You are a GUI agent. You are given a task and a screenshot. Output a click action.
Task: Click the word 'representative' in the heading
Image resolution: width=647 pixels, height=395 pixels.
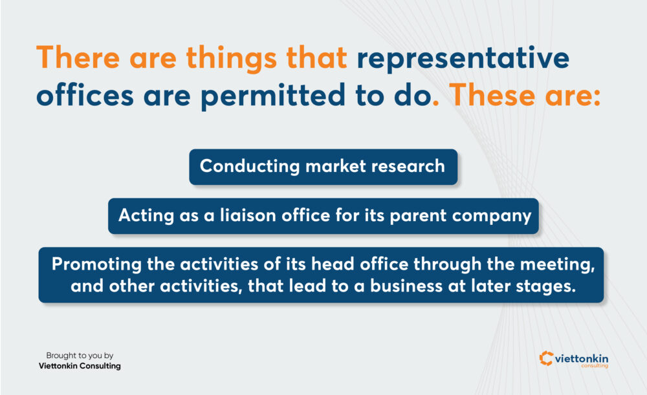coord(463,59)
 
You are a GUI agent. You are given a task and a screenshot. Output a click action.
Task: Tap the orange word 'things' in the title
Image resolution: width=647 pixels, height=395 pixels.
coord(231,59)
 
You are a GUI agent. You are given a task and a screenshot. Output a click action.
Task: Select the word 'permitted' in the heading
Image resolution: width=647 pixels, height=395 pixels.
coord(273,96)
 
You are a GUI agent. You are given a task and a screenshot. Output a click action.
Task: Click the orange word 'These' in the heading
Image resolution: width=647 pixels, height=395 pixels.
coord(492,95)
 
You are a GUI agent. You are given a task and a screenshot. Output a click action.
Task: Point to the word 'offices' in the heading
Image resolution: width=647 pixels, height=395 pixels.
coord(85,95)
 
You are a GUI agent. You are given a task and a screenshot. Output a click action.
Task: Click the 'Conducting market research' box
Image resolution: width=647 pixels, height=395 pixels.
coord(323,167)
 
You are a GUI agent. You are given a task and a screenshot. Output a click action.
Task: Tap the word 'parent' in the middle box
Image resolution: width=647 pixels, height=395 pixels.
coord(417,216)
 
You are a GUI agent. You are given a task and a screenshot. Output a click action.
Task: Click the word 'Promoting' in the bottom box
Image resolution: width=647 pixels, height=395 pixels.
coord(96,264)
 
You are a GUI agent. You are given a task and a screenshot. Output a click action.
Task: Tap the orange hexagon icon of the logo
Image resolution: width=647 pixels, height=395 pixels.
coord(546,358)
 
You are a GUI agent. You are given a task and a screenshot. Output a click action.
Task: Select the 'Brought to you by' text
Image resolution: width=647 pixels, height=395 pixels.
coord(80,356)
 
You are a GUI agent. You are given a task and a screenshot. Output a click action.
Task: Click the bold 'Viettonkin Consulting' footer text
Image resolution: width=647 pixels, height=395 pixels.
coord(80,366)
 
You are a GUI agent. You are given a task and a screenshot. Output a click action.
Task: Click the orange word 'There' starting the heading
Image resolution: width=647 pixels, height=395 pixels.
coord(78,58)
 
